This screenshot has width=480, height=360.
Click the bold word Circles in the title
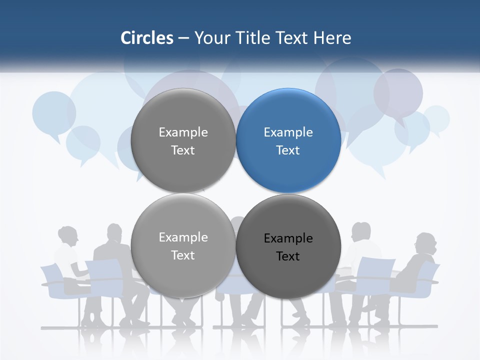[x=147, y=38]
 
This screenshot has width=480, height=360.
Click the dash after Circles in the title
[x=183, y=38]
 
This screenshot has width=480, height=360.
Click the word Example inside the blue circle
[x=288, y=132]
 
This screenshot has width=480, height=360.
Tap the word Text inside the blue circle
[x=288, y=150]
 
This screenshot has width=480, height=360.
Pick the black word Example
[x=288, y=238]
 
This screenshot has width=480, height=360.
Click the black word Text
[x=288, y=256]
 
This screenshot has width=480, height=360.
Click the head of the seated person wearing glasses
[x=426, y=243]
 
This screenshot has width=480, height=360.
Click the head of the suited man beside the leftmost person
[x=114, y=233]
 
